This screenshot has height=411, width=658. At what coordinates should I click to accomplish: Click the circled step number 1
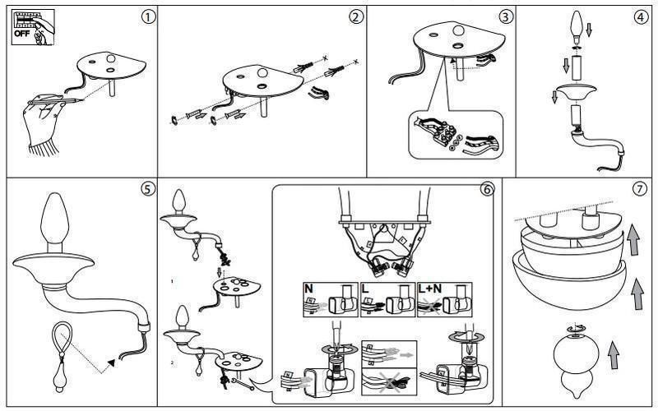pyautogui.click(x=148, y=16)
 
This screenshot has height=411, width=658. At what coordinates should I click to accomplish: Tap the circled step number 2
pyautogui.click(x=356, y=16)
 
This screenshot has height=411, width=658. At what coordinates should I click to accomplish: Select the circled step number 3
pyautogui.click(x=506, y=16)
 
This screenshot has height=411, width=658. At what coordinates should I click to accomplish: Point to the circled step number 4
pyautogui.click(x=641, y=16)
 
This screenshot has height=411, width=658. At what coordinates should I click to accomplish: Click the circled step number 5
pyautogui.click(x=147, y=189)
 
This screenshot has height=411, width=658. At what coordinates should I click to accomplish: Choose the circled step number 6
pyautogui.click(x=486, y=190)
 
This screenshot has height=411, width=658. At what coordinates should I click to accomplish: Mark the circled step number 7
pyautogui.click(x=640, y=189)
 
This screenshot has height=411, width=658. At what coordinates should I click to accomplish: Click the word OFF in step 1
pyautogui.click(x=22, y=33)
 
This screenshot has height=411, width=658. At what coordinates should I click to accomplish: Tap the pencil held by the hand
pyautogui.click(x=55, y=101)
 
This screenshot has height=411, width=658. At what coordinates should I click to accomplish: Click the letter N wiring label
pyautogui.click(x=309, y=289)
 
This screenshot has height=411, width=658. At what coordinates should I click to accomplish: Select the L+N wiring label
pyautogui.click(x=430, y=289)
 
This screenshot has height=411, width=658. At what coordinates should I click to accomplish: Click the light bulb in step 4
pyautogui.click(x=577, y=27)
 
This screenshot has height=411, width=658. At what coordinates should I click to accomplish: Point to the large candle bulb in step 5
pyautogui.click(x=54, y=222)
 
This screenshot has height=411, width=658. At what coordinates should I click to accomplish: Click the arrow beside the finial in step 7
pyautogui.click(x=614, y=355)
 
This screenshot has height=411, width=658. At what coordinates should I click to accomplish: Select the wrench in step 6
pyautogui.click(x=241, y=383)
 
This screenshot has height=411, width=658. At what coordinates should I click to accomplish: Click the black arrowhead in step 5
pyautogui.click(x=111, y=363)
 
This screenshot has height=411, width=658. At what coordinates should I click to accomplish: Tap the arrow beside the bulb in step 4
pyautogui.click(x=589, y=30)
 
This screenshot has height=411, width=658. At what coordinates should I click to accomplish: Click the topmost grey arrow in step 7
pyautogui.click(x=633, y=238)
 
